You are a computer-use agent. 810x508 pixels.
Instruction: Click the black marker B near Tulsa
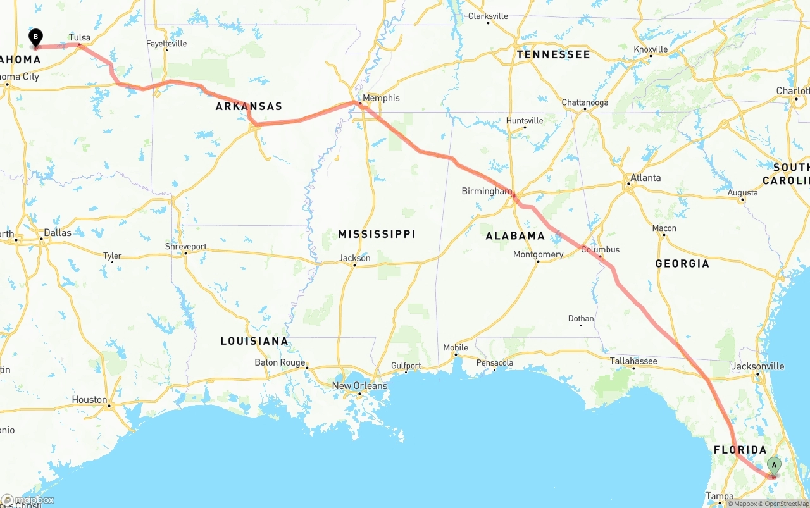[x=35, y=37]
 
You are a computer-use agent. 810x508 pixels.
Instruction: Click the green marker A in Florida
[x=773, y=466]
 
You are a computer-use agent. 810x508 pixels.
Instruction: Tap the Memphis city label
[x=382, y=98]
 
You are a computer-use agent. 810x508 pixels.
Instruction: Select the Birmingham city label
[x=486, y=190]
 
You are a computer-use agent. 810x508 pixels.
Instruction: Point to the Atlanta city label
[x=645, y=178]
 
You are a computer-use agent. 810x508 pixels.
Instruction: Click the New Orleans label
[x=359, y=385]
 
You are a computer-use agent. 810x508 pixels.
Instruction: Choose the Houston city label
[x=89, y=399]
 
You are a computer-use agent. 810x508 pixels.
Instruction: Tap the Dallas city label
[x=58, y=232]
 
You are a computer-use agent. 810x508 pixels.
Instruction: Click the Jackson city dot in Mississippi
[x=354, y=266]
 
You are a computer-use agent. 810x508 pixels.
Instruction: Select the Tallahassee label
[x=633, y=361]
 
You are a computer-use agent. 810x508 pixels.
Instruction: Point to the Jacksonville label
[x=757, y=366]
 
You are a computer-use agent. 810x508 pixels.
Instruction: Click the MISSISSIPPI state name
[x=377, y=234]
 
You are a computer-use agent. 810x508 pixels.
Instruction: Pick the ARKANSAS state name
[x=249, y=106]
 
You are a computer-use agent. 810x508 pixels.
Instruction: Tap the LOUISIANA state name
[x=254, y=341]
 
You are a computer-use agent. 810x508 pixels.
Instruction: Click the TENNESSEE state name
[x=553, y=54]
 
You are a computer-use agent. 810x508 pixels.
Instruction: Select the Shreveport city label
[x=185, y=246]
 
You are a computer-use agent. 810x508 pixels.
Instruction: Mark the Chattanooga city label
[x=585, y=102]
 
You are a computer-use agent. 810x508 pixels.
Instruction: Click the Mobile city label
[x=456, y=347]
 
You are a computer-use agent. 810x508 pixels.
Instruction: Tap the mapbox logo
[x=28, y=500]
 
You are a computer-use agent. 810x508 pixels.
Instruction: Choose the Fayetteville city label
[x=166, y=44]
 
